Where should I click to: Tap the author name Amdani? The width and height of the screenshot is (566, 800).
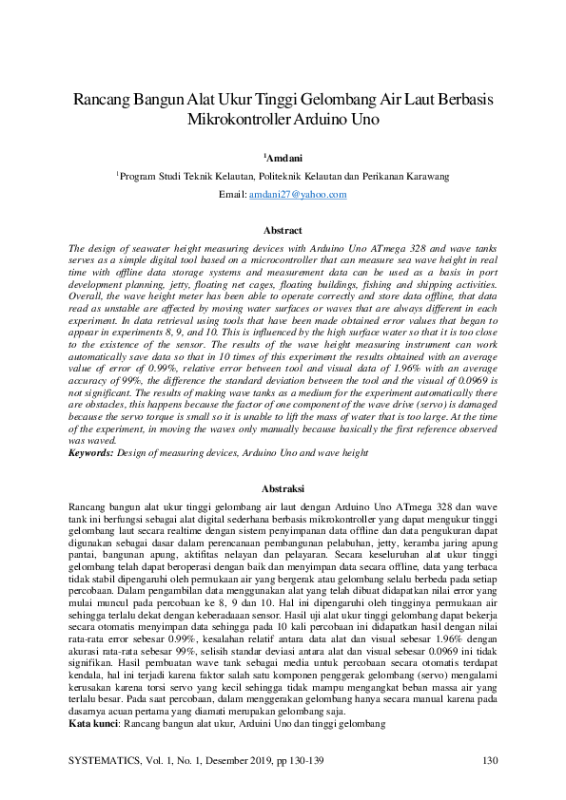284,155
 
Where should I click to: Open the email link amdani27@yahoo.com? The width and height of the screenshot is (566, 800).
298,194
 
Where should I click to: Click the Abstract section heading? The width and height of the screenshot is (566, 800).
283,231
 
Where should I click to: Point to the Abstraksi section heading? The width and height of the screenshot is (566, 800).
283,487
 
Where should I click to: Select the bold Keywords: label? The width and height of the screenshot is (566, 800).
91,454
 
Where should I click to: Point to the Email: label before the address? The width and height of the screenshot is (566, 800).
232,194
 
